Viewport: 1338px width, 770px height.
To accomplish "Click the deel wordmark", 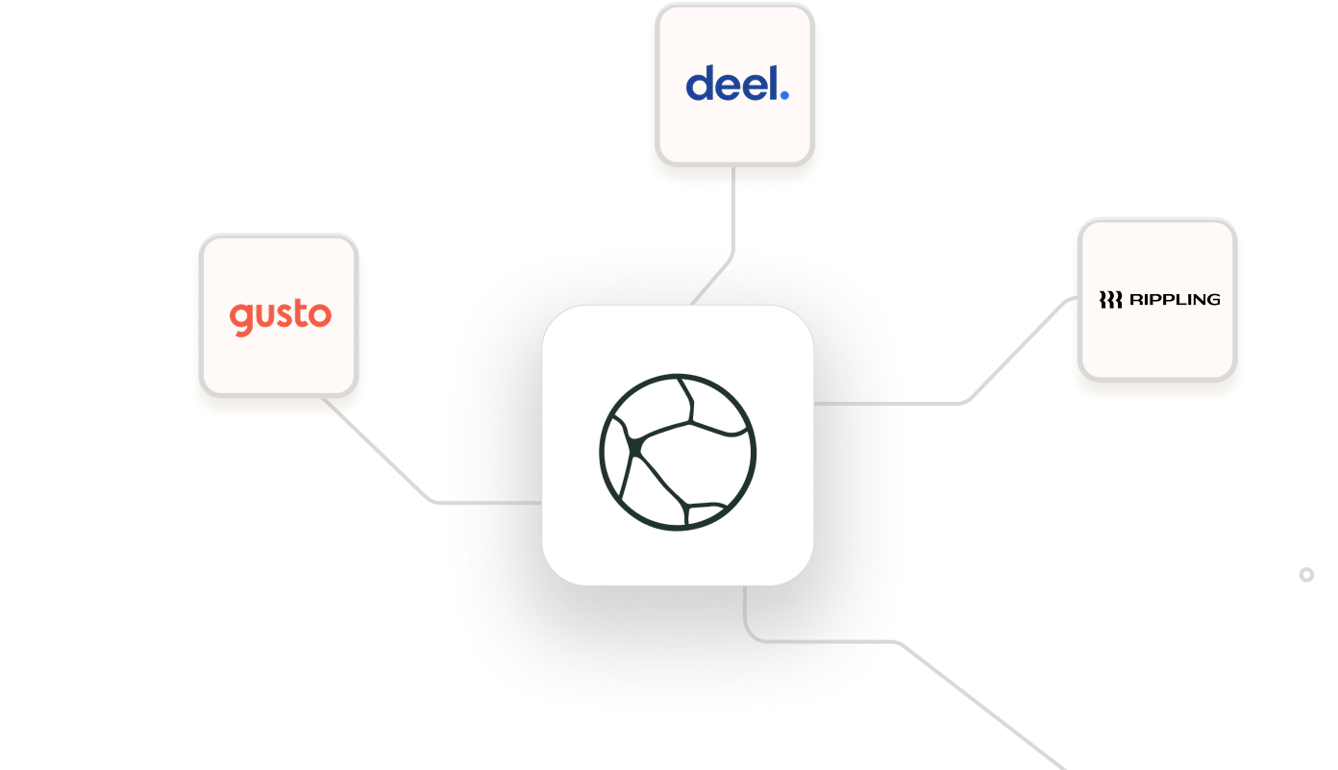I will pyautogui.click(x=736, y=84).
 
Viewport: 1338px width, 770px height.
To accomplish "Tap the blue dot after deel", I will pyautogui.click(x=784, y=95).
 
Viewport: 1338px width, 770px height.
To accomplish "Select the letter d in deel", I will pyautogui.click(x=700, y=84).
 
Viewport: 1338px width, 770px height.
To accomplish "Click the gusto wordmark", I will pyautogui.click(x=280, y=316).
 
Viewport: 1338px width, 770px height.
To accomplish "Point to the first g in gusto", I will pyautogui.click(x=240, y=319).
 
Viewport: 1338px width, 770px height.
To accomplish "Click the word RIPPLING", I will pyautogui.click(x=1175, y=300).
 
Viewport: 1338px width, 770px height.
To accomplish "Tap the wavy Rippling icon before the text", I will pyautogui.click(x=1110, y=300).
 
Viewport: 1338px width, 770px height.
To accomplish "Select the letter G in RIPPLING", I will pyautogui.click(x=1213, y=300).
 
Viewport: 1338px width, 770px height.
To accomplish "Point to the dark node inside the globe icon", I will pyautogui.click(x=635, y=447).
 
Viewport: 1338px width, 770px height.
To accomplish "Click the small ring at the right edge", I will pyautogui.click(x=1306, y=575).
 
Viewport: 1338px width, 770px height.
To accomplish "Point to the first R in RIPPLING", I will pyautogui.click(x=1135, y=300).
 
